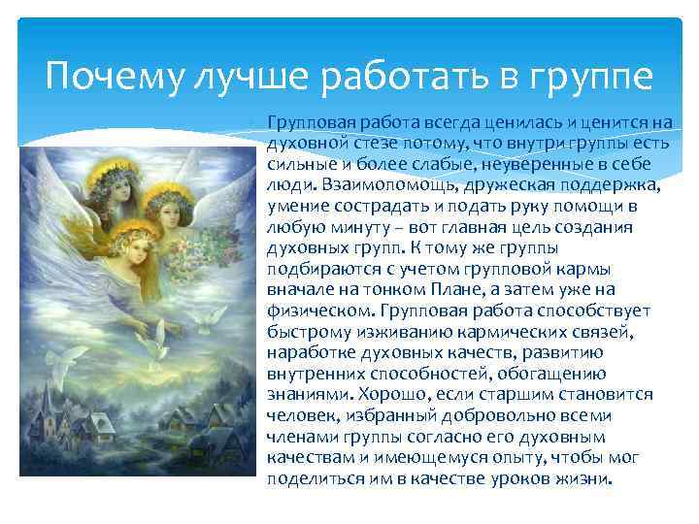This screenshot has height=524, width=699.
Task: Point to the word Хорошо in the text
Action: point(391,394)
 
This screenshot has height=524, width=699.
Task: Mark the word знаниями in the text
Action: point(307,394)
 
